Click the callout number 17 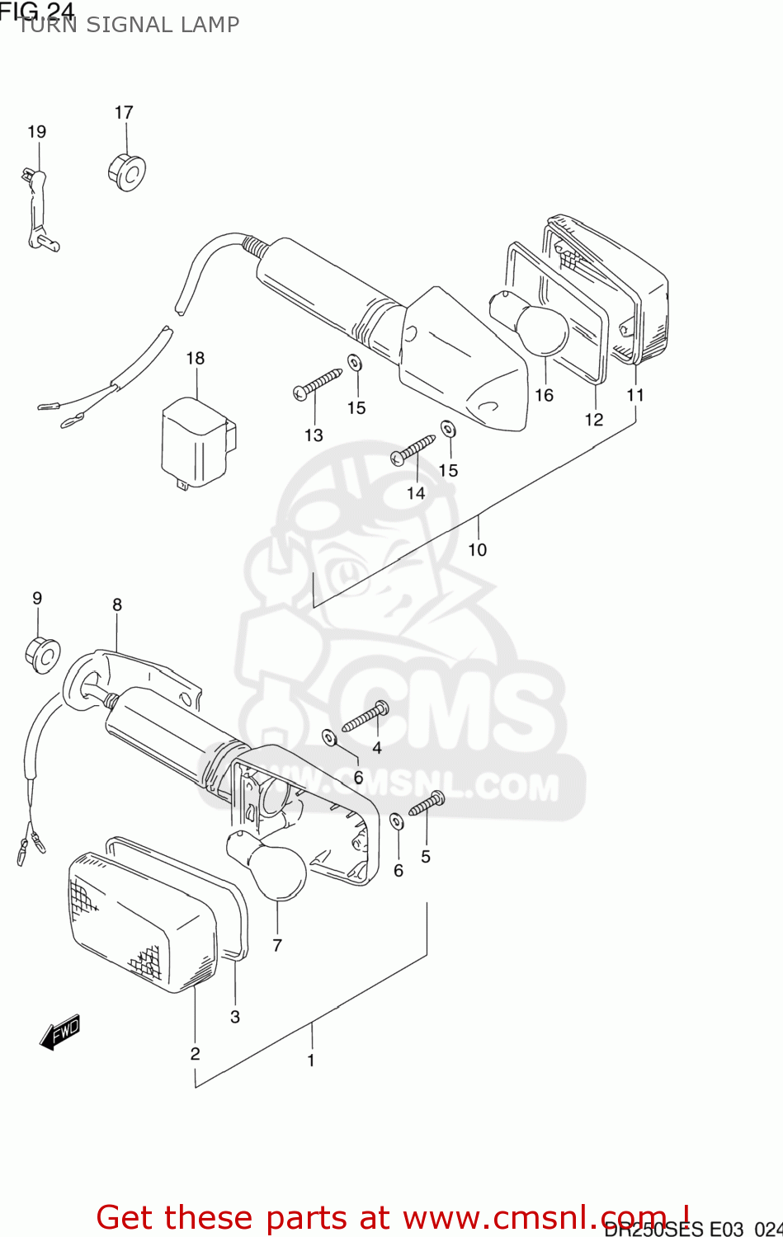click(x=124, y=112)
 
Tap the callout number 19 click(x=37, y=131)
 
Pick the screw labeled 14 click(x=414, y=448)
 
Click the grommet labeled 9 click(x=42, y=654)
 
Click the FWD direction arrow click(x=60, y=1031)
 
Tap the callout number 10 click(x=478, y=549)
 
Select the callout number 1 click(x=311, y=1060)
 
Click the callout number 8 click(x=117, y=604)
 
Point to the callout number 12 click(x=594, y=420)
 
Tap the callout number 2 click(x=195, y=1053)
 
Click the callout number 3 click(x=235, y=1017)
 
